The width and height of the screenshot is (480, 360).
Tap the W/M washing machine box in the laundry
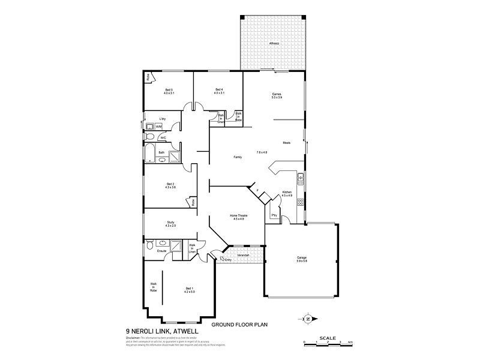[159, 127]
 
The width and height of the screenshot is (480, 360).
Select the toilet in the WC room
[150, 137]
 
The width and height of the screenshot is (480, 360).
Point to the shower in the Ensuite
[177, 245]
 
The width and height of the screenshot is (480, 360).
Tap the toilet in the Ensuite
[150, 245]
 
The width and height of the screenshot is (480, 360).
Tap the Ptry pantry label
[274, 214]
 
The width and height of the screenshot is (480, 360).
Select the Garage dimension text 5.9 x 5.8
[302, 261]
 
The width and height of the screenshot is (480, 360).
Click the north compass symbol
[307, 319]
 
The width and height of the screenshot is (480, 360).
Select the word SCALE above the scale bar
[327, 337]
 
